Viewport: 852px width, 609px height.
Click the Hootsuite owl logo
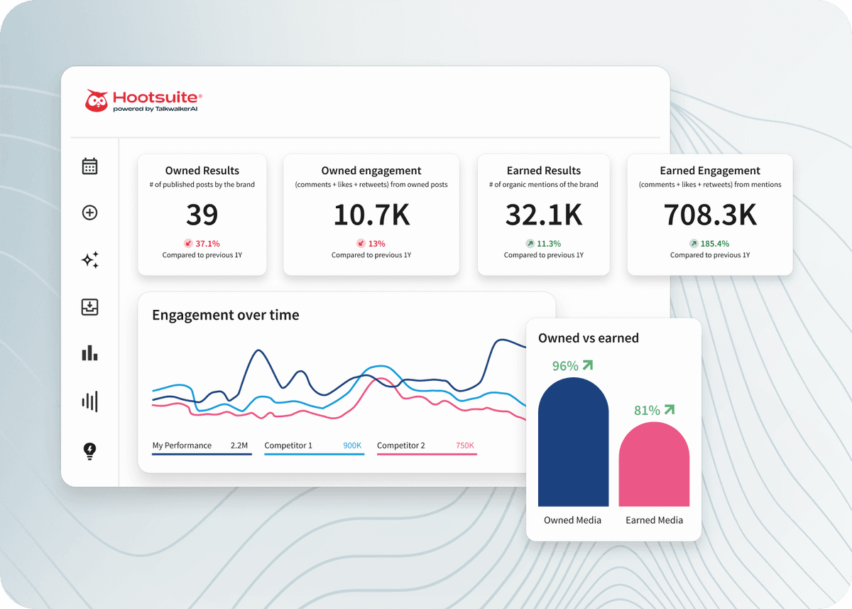(x=97, y=101)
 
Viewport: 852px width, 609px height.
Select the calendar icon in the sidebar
(x=89, y=166)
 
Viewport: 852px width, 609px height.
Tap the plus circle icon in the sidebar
(x=89, y=212)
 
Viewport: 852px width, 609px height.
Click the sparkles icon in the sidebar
(x=89, y=260)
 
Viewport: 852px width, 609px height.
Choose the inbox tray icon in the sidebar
(x=89, y=307)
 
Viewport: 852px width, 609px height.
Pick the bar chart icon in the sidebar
(x=89, y=352)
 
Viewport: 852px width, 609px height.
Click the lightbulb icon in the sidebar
(x=89, y=450)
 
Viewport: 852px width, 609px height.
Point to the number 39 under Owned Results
(x=202, y=215)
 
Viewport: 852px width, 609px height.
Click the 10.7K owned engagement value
(x=371, y=215)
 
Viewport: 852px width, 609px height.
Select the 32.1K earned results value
(x=543, y=215)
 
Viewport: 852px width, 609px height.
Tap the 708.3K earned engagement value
(x=710, y=215)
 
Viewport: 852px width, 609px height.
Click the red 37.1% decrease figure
(x=208, y=243)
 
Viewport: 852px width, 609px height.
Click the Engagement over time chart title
(x=226, y=315)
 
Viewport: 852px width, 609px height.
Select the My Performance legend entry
(x=182, y=446)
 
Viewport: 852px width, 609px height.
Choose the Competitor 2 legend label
(x=401, y=446)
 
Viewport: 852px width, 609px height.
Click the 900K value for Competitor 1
(x=352, y=446)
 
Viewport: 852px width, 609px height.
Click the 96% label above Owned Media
(x=566, y=366)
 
